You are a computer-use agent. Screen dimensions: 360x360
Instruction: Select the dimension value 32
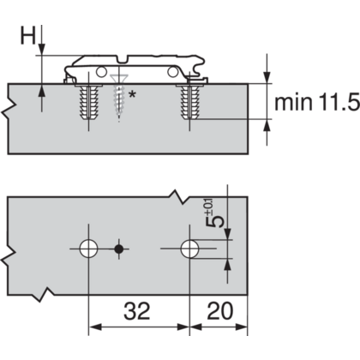point(137,311)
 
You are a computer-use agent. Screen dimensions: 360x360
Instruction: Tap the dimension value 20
point(220,311)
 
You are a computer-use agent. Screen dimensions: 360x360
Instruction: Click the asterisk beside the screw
point(132,94)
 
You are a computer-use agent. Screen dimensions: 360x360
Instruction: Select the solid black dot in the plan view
point(118,249)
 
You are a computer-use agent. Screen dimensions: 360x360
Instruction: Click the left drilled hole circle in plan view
point(88,249)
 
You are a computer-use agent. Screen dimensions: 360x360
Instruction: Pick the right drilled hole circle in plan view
point(189,249)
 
